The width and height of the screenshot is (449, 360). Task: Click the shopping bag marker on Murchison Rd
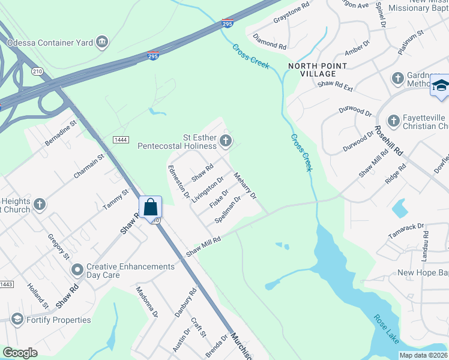point(151,207)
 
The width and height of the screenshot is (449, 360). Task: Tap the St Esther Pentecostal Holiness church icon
point(226,142)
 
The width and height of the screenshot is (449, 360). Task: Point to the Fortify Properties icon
point(16,319)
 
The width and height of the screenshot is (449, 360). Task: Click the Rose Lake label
point(385,329)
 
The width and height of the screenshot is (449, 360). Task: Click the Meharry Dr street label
point(245,186)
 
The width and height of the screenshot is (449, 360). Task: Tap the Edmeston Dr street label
point(179,182)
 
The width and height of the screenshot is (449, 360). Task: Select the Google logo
point(20,353)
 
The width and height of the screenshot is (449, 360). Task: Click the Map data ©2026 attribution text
point(424,355)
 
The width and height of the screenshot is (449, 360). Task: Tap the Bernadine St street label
point(62,133)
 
